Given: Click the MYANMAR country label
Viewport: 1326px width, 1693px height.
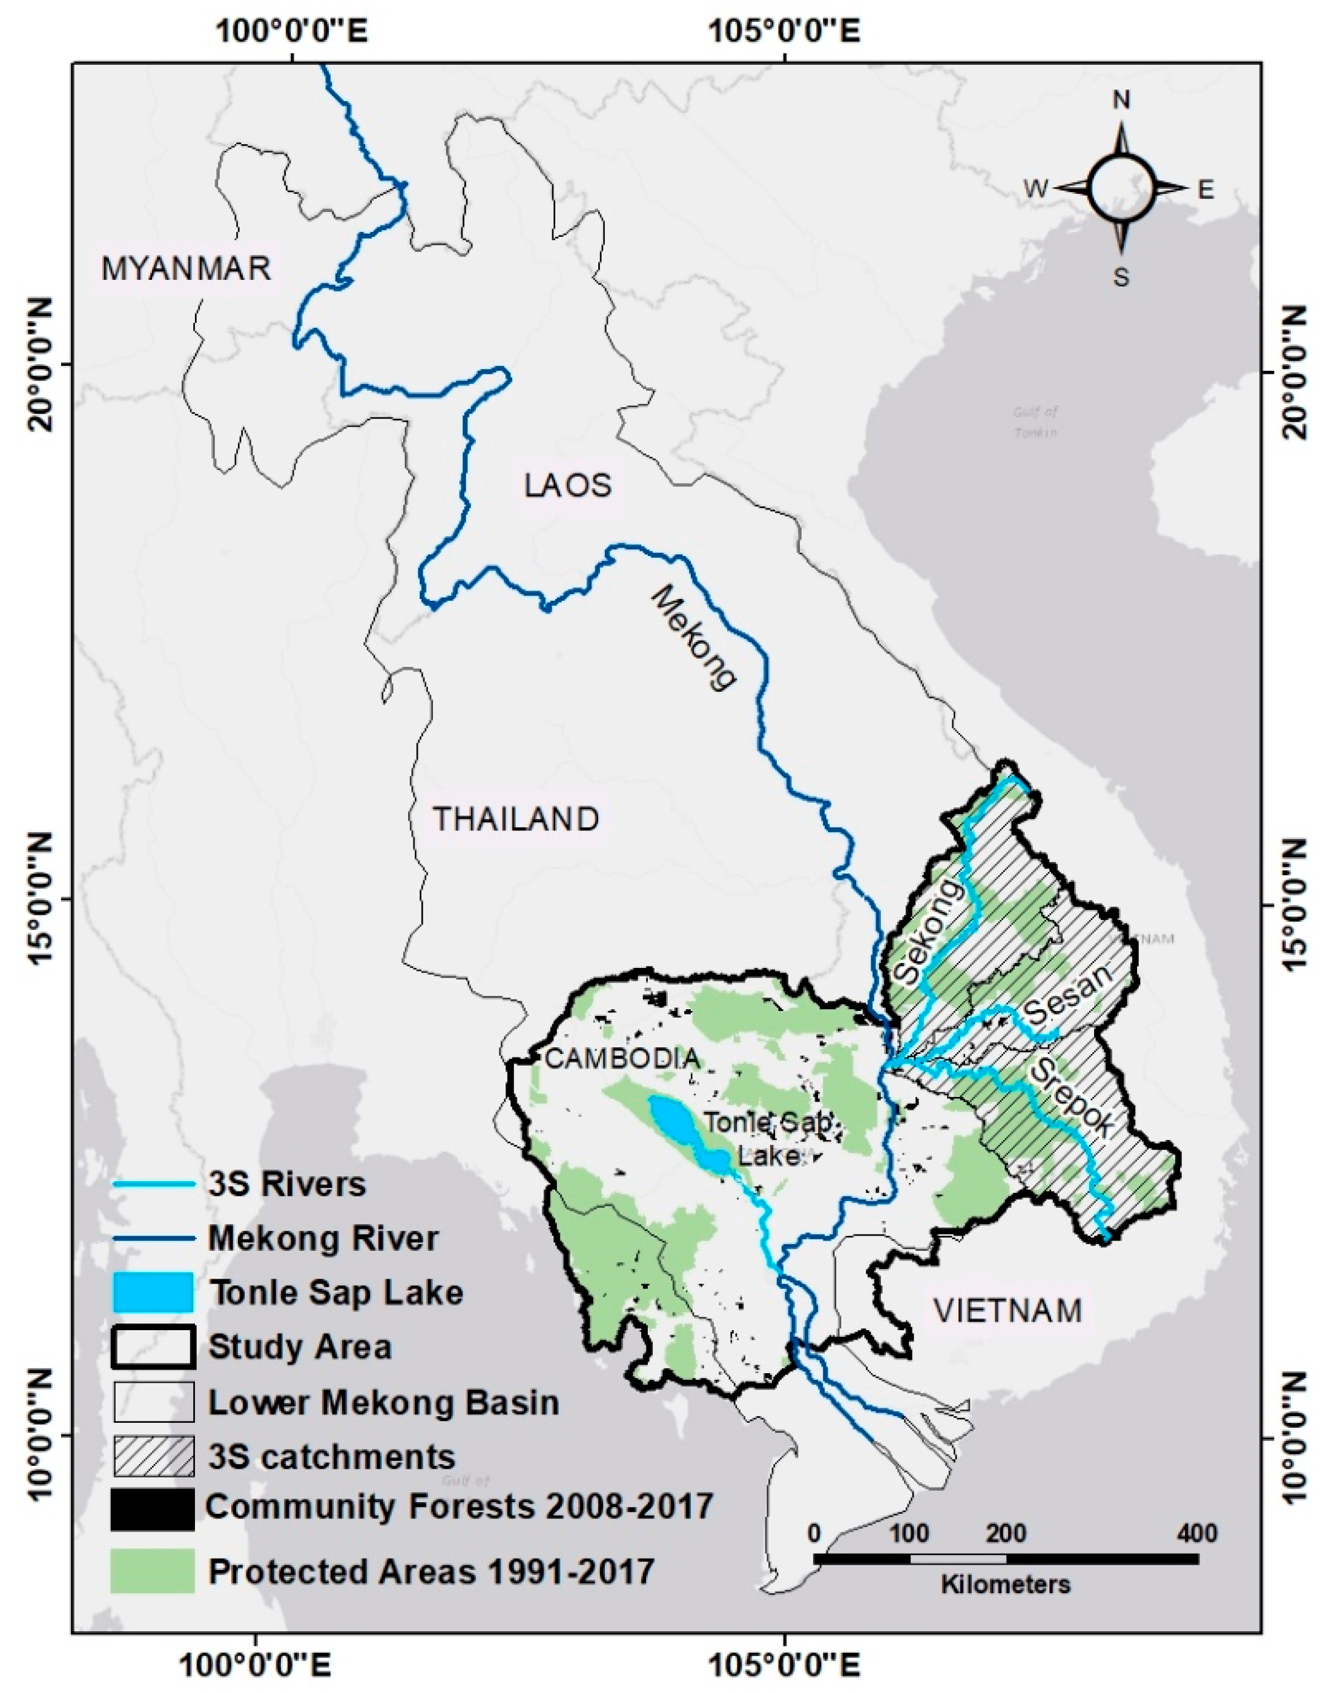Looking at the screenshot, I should click(186, 269).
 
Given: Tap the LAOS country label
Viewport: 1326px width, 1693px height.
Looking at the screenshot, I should click(569, 486).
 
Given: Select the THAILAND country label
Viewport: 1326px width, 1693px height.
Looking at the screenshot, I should click(515, 820).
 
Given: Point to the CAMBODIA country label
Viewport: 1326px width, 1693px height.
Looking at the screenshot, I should click(622, 1058).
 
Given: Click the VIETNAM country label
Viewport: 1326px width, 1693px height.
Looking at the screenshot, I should click(1008, 1311).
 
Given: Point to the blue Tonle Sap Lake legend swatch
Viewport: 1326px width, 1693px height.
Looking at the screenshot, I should click(152, 1293).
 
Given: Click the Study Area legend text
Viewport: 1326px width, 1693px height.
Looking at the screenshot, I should click(300, 1347).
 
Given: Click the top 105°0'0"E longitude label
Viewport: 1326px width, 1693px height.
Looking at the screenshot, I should click(784, 32).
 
